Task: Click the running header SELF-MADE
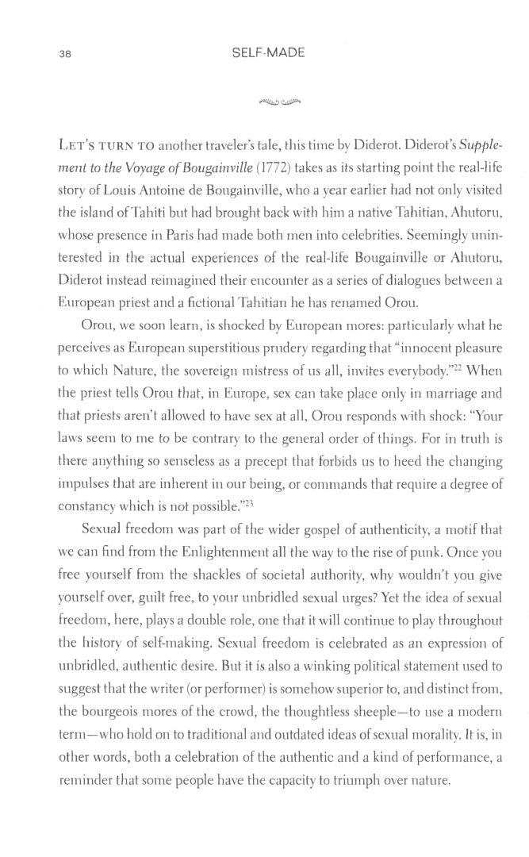[x=269, y=54]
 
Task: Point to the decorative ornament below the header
[x=269, y=101]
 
